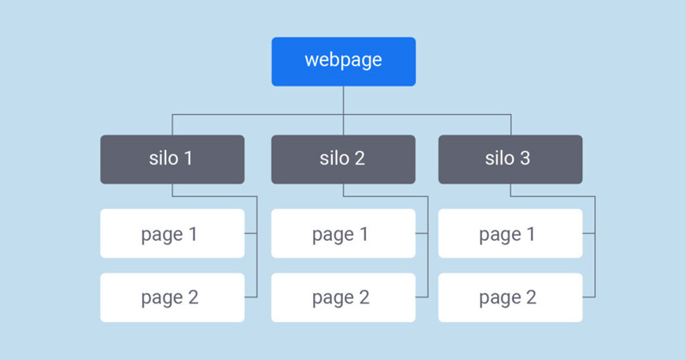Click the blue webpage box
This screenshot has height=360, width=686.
(x=343, y=62)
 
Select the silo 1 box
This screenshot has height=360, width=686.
(x=171, y=159)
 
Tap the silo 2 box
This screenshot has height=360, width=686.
(x=343, y=159)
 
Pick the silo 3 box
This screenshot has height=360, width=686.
(x=510, y=159)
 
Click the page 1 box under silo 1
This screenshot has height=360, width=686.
(x=171, y=233)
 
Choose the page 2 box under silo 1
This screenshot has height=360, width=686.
(x=171, y=297)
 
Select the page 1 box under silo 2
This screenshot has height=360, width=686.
(x=343, y=233)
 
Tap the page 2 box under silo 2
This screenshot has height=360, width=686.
(x=343, y=297)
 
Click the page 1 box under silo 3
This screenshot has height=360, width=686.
(x=510, y=233)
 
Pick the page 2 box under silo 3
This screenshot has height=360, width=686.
(x=510, y=297)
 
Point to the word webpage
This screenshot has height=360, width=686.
(x=343, y=61)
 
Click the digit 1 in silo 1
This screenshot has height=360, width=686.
(x=189, y=159)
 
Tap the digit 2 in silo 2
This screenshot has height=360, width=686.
(x=360, y=159)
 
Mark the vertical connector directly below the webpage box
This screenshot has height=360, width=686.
(x=343, y=99)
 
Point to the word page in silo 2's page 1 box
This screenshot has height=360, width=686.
(x=332, y=235)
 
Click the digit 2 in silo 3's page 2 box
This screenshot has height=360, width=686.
(x=531, y=297)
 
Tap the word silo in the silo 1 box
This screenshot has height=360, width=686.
(x=163, y=159)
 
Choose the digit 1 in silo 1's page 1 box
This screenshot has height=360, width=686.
(x=193, y=233)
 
